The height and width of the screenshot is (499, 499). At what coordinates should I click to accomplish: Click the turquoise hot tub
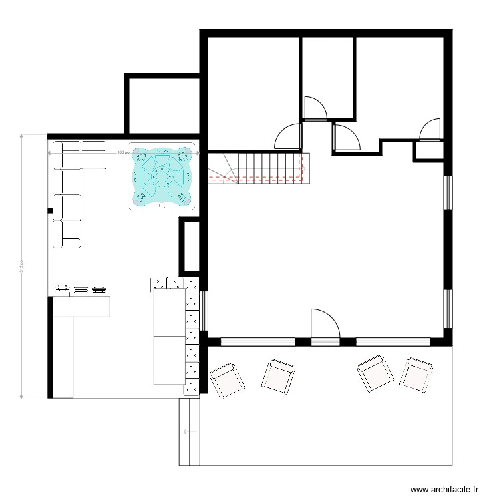click(x=162, y=176)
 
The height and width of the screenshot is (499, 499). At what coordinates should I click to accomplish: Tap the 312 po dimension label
click(x=22, y=266)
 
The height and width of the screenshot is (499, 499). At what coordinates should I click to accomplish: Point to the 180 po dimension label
click(x=122, y=152)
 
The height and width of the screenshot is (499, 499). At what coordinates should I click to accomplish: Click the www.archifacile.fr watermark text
click(x=444, y=488)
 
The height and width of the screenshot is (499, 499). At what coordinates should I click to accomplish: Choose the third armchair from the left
click(x=374, y=375)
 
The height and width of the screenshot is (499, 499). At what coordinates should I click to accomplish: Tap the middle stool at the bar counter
click(x=81, y=289)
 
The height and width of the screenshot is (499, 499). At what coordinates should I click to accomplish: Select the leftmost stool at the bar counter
click(x=63, y=289)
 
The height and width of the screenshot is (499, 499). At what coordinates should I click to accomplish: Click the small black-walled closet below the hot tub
click(x=190, y=244)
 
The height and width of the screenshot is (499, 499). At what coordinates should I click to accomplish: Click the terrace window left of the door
click(x=257, y=342)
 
